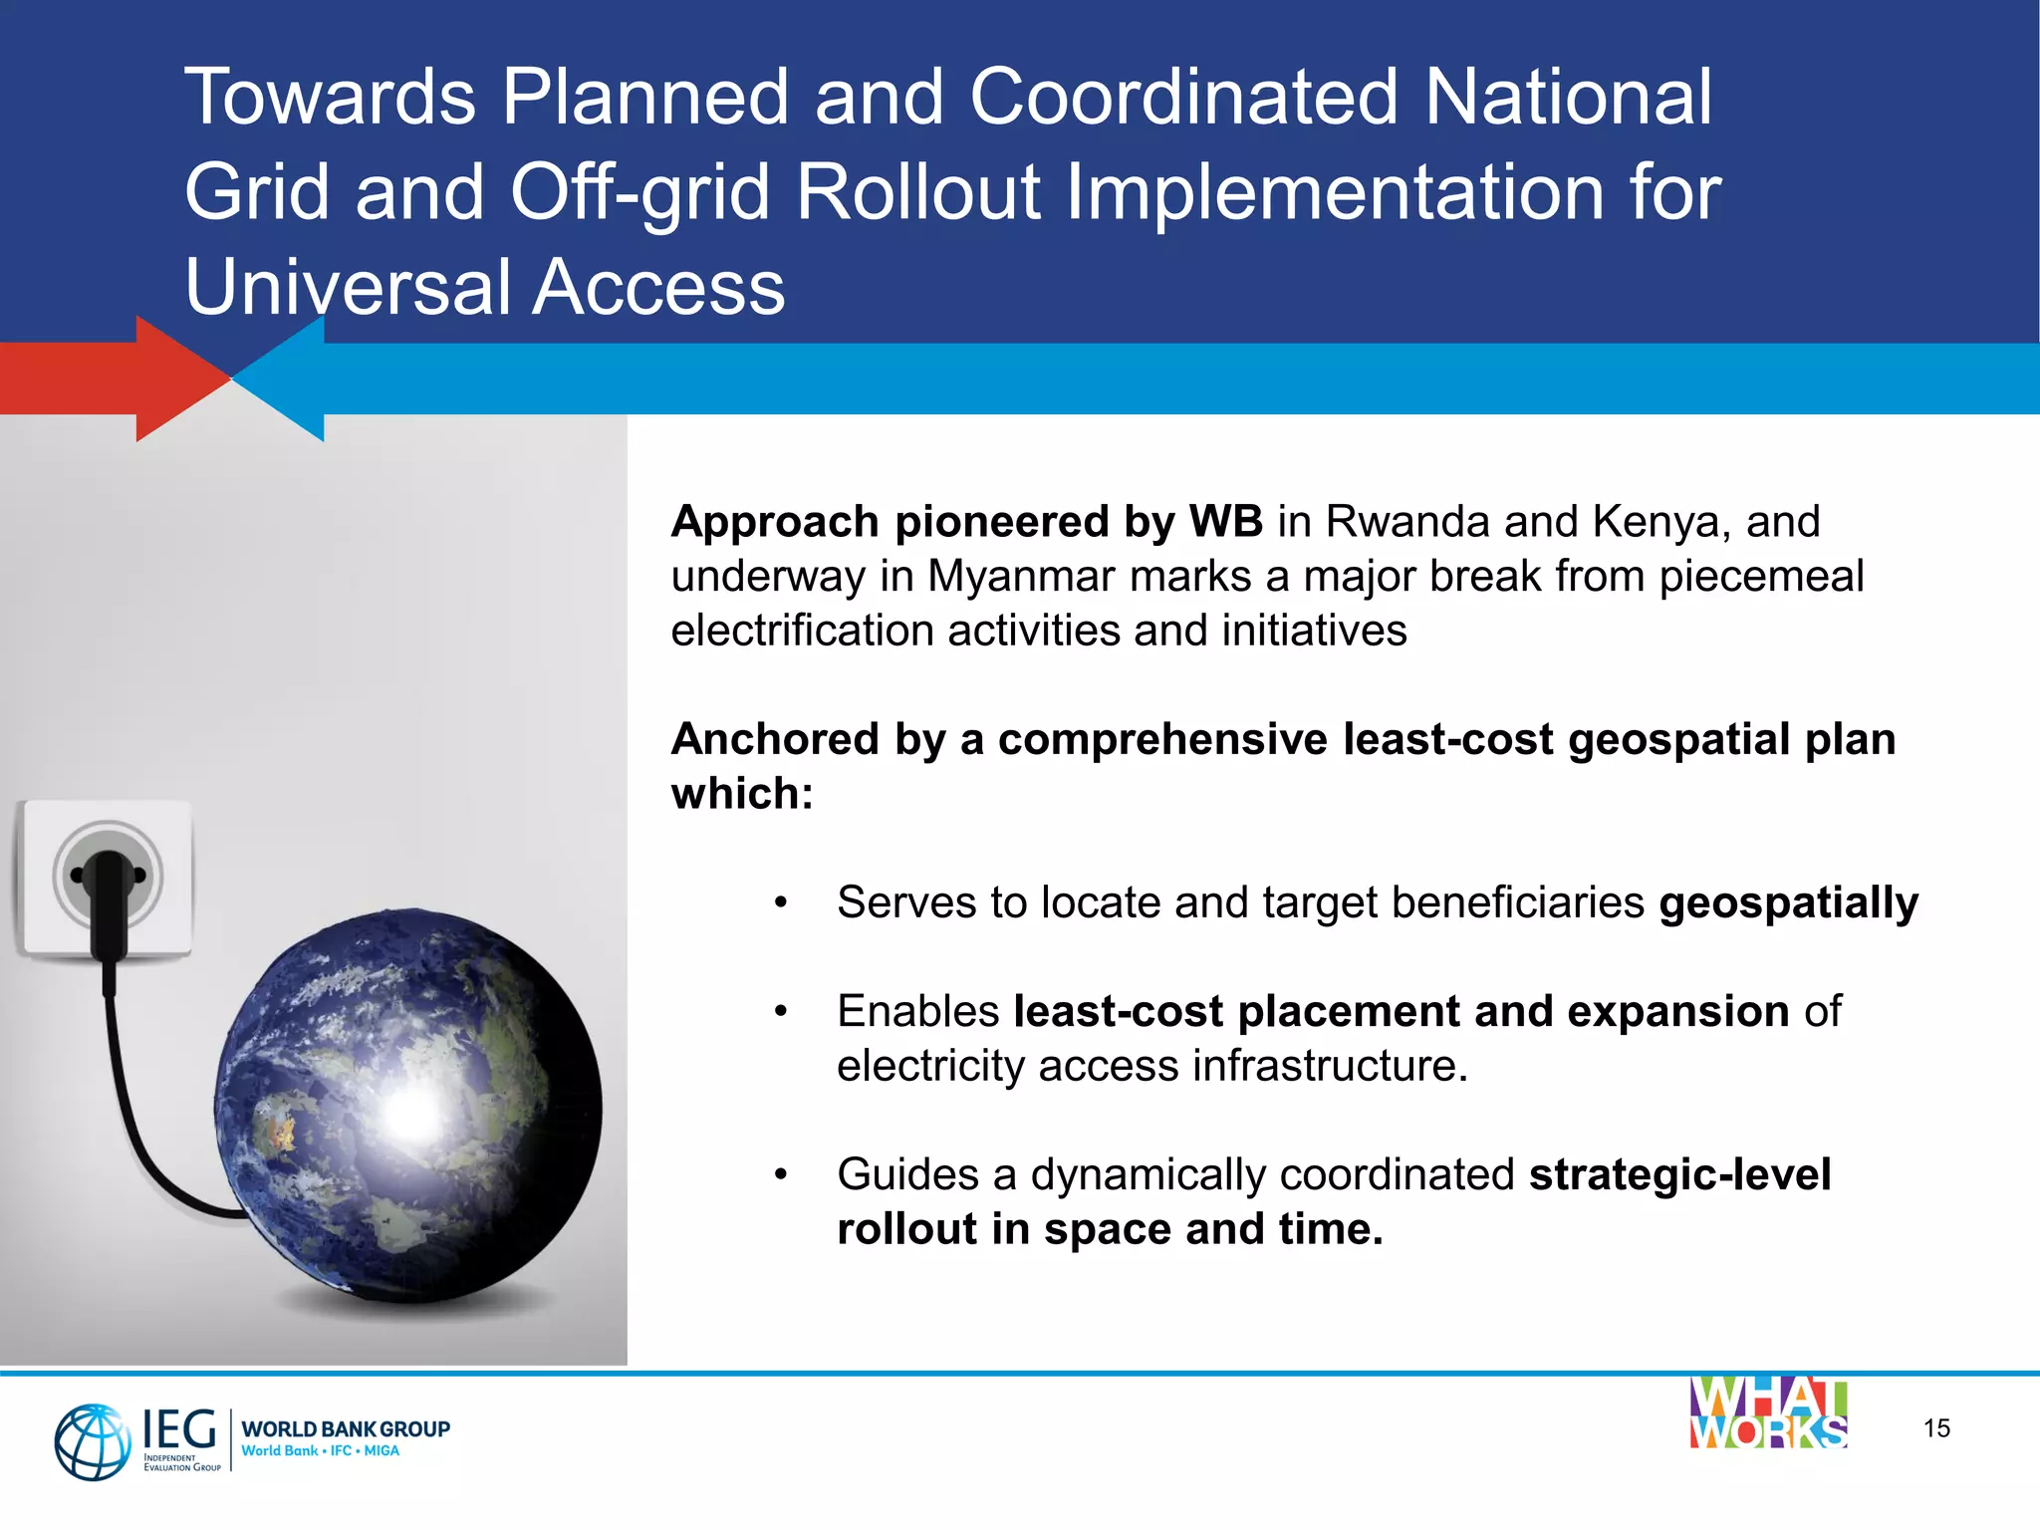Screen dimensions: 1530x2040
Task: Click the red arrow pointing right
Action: tap(120, 379)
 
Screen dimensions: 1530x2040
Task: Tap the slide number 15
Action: tap(1936, 1428)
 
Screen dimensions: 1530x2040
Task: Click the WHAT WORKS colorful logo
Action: tap(1768, 1413)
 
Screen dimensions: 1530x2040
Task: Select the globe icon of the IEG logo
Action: tap(92, 1441)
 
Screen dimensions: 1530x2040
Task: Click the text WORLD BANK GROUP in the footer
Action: tap(346, 1428)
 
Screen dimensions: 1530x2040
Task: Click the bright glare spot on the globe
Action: tap(411, 1113)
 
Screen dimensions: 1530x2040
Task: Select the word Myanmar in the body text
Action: tap(1008, 577)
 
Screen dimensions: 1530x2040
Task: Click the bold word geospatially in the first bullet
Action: tap(1788, 902)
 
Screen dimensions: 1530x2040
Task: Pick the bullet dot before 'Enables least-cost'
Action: tap(782, 1012)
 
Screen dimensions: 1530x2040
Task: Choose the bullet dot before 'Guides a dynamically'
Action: tap(782, 1175)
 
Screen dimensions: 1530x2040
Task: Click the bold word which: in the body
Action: tap(742, 794)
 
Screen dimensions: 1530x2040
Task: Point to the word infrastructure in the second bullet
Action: tap(1330, 1066)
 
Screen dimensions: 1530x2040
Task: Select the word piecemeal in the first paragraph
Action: tap(1760, 577)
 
